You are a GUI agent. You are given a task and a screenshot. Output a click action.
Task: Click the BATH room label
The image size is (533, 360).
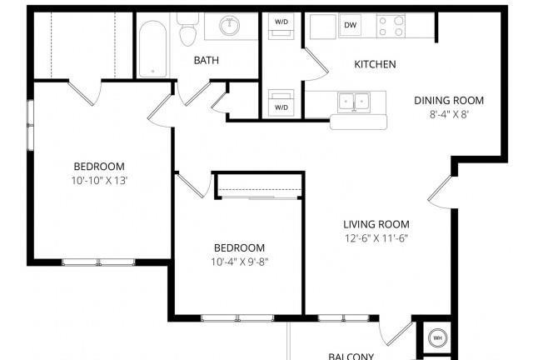pyautogui.click(x=206, y=60)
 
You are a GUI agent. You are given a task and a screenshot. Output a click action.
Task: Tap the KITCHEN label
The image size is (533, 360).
pyautogui.click(x=375, y=64)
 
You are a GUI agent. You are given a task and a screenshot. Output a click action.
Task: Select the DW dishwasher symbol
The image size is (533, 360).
pyautogui.click(x=350, y=25)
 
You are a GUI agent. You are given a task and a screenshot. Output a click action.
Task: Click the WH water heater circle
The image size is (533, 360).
pyautogui.click(x=437, y=337)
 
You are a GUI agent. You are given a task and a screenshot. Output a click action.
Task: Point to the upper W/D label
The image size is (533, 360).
pyautogui.click(x=281, y=22)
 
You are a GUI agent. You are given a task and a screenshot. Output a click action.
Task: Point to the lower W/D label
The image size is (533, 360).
pyautogui.click(x=281, y=107)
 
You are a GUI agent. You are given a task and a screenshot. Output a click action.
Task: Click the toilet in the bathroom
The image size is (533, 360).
pyautogui.click(x=187, y=30)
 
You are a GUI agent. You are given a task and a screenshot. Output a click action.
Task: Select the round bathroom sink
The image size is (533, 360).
pyautogui.click(x=230, y=26)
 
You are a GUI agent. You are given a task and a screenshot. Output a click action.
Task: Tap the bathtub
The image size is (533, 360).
pyautogui.click(x=153, y=48)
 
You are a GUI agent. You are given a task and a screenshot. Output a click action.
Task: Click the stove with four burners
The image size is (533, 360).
pyautogui.click(x=391, y=26)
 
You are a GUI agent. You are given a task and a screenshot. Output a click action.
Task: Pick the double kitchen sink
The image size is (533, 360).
pyautogui.click(x=354, y=102)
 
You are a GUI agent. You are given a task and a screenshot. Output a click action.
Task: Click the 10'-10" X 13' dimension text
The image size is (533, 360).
pyautogui.click(x=99, y=181)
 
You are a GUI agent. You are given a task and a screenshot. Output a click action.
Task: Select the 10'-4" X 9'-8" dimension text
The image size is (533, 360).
pyautogui.click(x=240, y=262)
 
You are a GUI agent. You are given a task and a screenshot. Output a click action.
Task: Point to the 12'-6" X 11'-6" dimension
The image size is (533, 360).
pyautogui.click(x=376, y=238)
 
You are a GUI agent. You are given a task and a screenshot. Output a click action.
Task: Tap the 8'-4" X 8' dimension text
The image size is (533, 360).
pyautogui.click(x=449, y=114)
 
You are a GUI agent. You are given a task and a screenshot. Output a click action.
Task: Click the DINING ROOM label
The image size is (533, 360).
pyautogui.click(x=449, y=100)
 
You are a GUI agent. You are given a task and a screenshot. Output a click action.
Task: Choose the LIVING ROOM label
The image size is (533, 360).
pyautogui.click(x=376, y=224)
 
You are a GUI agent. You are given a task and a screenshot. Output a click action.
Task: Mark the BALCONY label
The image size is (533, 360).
pyautogui.click(x=351, y=357)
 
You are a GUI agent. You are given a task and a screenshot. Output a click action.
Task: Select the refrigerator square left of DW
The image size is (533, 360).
pyautogui.click(x=323, y=27)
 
